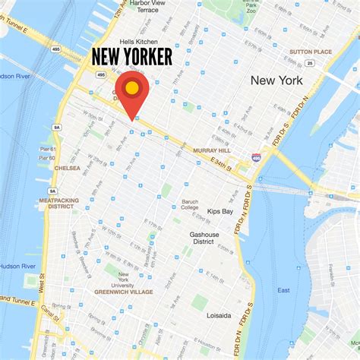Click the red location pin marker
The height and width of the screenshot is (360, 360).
click(x=131, y=90)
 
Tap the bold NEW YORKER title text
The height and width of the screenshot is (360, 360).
click(x=132, y=57)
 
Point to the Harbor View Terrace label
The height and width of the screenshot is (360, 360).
click(x=148, y=6)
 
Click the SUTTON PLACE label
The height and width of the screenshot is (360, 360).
click(x=311, y=52)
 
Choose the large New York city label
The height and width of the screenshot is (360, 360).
click(x=276, y=81)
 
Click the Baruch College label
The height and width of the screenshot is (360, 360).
click(x=189, y=204)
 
